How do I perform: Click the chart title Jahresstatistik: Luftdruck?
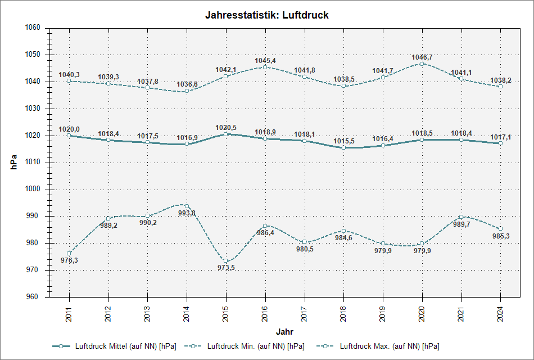267,16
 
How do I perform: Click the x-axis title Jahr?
284,332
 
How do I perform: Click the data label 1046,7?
422,57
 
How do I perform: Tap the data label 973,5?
226,268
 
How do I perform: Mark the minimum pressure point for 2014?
187,206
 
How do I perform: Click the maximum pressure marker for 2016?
265,67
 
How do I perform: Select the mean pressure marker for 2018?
343,147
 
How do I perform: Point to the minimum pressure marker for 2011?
69,253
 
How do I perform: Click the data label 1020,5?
226,128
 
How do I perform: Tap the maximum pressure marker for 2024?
500,86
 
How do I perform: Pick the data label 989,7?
461,224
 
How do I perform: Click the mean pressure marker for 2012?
108,139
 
